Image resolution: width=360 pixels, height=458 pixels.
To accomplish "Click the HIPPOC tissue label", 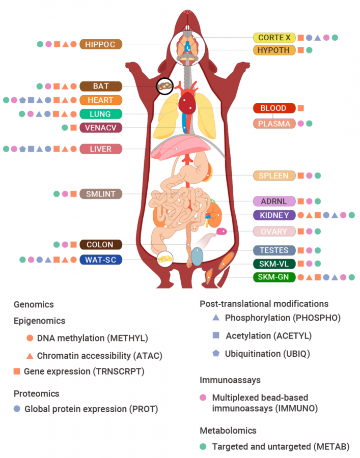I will tap(101, 44).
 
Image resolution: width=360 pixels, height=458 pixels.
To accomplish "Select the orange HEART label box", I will tap(101, 100).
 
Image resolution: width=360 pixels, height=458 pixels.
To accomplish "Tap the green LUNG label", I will tap(101, 114).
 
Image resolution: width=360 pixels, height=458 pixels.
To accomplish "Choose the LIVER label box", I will tap(101, 149).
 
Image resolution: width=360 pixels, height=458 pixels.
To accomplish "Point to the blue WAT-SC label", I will tap(101, 260).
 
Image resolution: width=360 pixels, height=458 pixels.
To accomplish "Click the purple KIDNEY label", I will tap(274, 215).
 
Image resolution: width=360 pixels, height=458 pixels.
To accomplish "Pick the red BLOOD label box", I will tap(274, 108).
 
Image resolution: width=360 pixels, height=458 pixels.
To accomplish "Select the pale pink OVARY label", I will tap(274, 232).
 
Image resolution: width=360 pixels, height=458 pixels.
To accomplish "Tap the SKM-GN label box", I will tap(274, 277).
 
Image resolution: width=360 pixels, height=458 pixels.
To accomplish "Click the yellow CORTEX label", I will tap(274, 37).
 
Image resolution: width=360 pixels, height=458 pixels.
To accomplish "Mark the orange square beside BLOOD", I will tap(301, 108).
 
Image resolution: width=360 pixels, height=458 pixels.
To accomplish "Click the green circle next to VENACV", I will tap(65, 127).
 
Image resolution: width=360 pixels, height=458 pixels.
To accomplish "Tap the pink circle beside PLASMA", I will tap(301, 123).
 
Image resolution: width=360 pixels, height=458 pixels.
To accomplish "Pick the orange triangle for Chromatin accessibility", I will tap(30, 354).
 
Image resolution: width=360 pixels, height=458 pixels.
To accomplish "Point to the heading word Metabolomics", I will tap(228, 431).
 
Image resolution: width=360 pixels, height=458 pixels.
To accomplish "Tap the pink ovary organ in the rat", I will tap(221, 232).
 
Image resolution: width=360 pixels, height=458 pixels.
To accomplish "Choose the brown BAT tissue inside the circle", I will tap(164, 87).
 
